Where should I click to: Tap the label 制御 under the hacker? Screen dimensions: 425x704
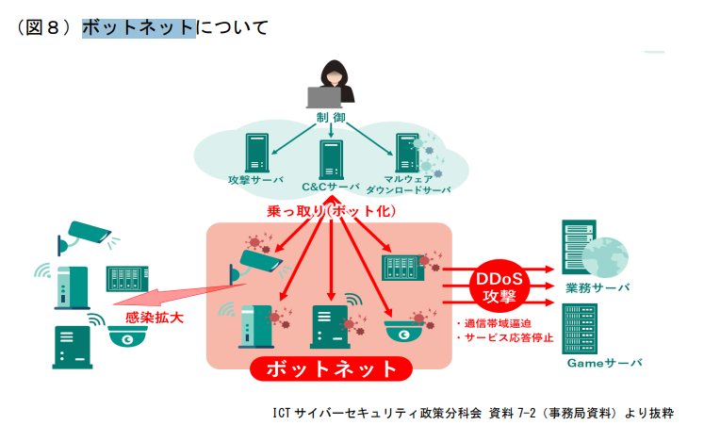pos(331,118)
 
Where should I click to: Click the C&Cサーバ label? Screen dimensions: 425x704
pos(331,187)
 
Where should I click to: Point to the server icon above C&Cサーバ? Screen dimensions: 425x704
pos(331,159)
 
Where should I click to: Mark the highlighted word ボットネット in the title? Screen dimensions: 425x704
pos(139,28)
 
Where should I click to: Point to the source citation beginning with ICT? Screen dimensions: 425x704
pos(471,412)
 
